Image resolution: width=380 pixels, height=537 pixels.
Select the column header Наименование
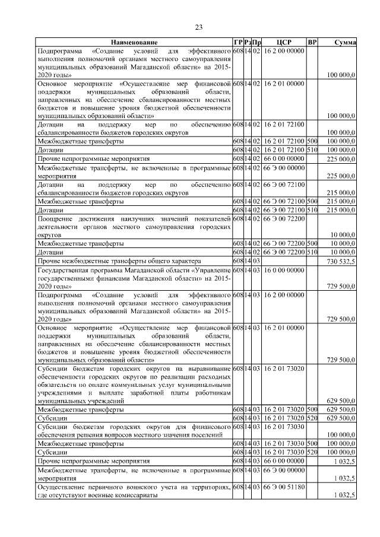[133, 43]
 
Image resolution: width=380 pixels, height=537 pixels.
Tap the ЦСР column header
[283, 43]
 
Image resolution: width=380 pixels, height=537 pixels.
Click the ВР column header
[312, 43]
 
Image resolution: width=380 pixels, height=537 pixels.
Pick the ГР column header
[237, 43]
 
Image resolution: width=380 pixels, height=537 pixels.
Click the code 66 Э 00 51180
[283, 487]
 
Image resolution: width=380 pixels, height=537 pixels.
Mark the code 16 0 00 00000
[283, 269]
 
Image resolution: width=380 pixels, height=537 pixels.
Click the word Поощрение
[56, 219]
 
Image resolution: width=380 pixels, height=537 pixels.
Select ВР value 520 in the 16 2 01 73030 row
[312, 452]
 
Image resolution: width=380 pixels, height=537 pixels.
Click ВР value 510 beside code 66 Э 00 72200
[312, 252]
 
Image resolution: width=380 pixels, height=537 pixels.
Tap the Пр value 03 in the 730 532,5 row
[256, 261]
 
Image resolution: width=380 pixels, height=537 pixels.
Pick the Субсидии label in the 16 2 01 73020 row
[52, 418]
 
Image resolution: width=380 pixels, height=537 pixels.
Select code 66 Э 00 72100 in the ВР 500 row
[283, 202]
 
